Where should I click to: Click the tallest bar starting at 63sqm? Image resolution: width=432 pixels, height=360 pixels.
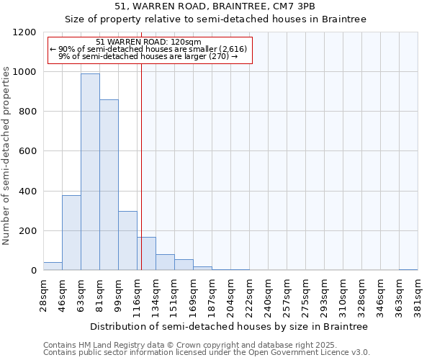point(90,173)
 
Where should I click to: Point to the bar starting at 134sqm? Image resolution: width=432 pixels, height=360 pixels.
point(165,263)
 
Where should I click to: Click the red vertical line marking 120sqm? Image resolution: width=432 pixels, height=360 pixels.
point(141,166)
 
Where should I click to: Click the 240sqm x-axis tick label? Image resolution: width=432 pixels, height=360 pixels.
point(268,294)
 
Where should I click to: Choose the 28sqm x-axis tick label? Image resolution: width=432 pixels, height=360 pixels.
point(43,294)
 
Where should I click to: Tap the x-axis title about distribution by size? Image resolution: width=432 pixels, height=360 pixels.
point(229,326)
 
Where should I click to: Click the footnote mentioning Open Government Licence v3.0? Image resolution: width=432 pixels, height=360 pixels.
point(207,352)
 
